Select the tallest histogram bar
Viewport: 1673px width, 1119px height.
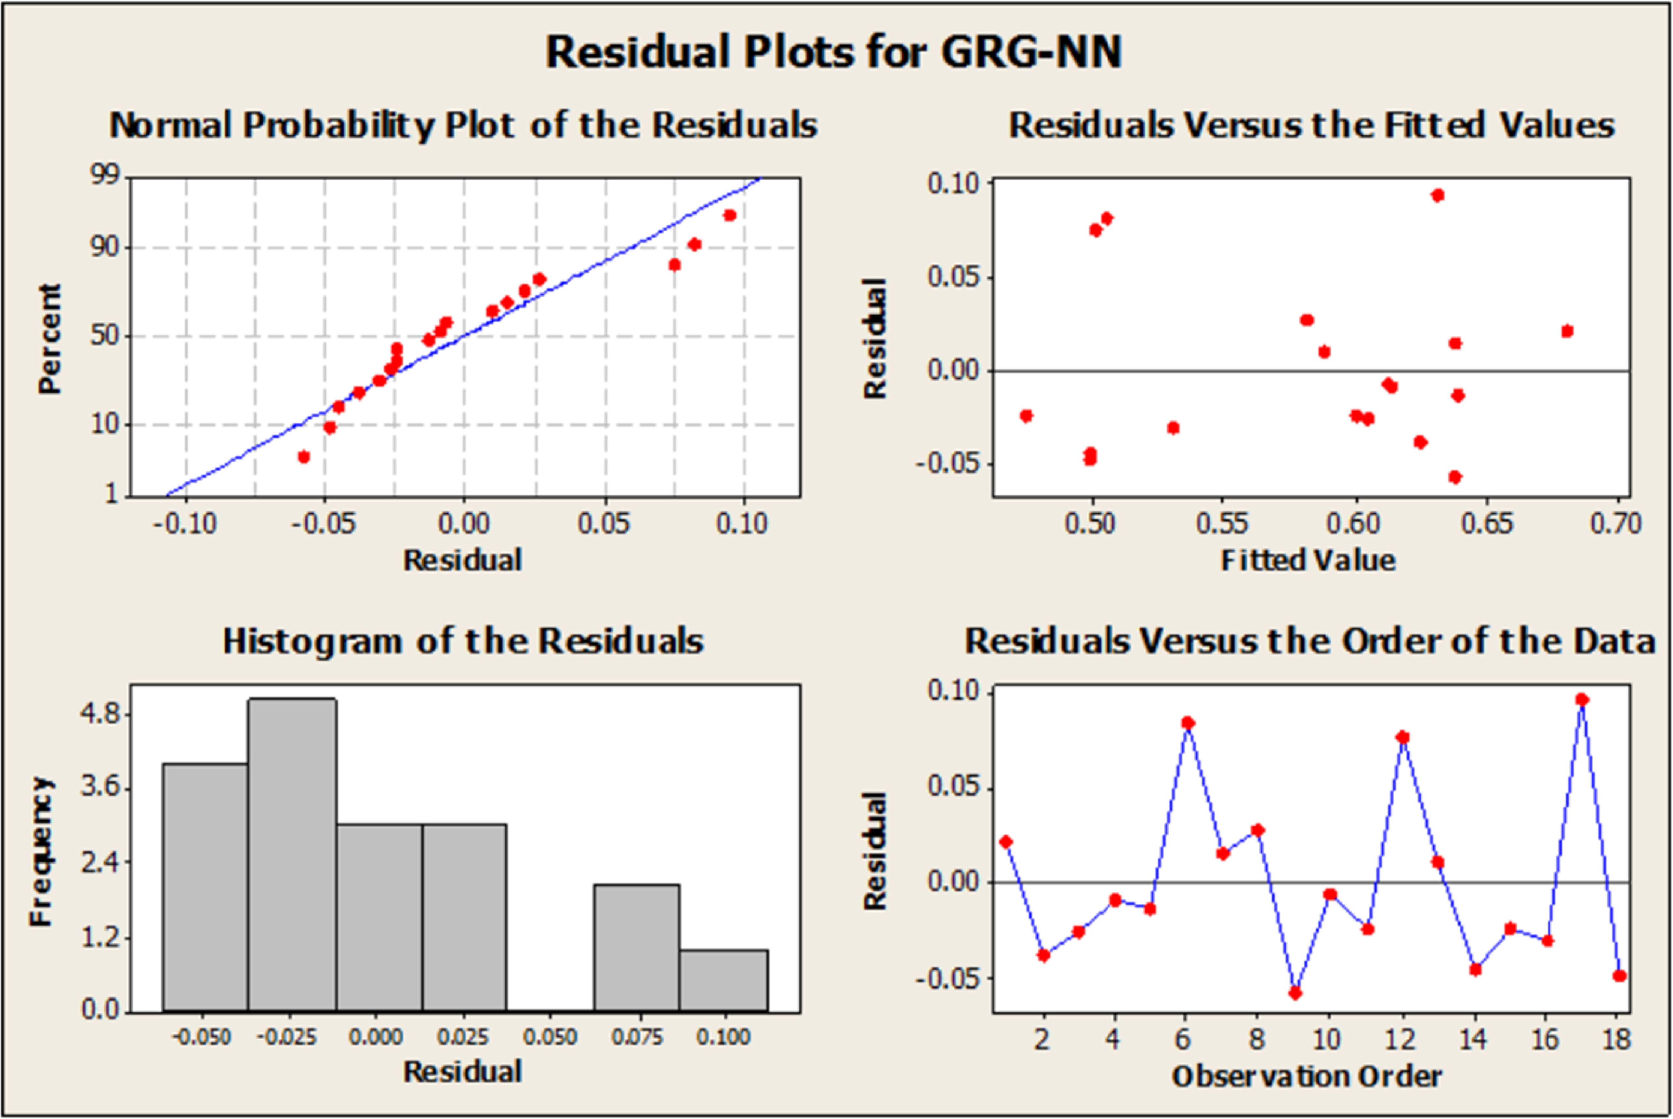[292, 855]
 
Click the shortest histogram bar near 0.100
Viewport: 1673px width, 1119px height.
[724, 980]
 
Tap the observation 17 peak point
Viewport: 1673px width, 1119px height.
[1582, 699]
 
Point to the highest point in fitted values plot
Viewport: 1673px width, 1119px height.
[1438, 195]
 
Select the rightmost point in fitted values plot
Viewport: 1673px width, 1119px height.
[1567, 331]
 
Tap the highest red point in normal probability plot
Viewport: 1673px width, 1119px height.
[729, 215]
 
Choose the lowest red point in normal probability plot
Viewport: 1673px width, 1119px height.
[304, 457]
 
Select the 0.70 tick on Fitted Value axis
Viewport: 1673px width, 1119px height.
[1616, 524]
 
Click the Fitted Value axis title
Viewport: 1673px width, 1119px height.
[1308, 560]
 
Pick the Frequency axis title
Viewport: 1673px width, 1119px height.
[41, 851]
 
